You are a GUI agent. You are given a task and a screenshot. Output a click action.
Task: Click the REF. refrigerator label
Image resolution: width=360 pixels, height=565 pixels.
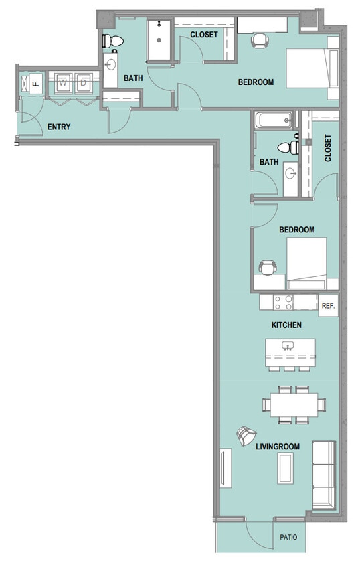(x=328, y=306)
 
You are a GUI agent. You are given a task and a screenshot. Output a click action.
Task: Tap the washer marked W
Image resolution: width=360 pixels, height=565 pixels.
(x=64, y=83)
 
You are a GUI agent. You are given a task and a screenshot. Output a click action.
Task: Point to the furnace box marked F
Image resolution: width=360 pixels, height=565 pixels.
(x=35, y=84)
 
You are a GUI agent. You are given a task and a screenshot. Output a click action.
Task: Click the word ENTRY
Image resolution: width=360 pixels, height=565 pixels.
(x=59, y=127)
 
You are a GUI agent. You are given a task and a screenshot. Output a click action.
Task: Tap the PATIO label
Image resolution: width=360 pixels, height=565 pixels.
(x=288, y=538)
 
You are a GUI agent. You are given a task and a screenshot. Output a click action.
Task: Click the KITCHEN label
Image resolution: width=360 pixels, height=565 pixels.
(x=286, y=325)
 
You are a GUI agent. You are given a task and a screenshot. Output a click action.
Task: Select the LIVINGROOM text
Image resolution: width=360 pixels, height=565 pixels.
(x=278, y=447)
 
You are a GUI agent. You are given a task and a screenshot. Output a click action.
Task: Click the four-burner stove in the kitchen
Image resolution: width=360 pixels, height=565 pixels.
(x=283, y=303)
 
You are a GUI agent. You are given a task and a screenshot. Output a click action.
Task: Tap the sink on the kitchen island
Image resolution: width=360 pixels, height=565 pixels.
(x=287, y=346)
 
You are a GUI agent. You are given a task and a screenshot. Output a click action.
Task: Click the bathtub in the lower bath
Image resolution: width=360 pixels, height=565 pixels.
(x=274, y=120)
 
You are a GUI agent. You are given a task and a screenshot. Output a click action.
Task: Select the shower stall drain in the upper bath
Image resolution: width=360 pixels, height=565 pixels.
(x=159, y=40)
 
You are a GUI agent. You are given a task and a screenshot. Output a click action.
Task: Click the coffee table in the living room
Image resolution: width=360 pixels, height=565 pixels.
(x=286, y=469)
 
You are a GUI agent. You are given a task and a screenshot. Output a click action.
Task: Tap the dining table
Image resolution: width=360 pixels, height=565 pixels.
(x=294, y=404)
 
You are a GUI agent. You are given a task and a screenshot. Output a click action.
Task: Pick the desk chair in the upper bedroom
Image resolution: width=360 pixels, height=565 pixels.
(x=260, y=40)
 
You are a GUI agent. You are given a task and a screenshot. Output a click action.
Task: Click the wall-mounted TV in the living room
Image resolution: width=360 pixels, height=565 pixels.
(x=226, y=468)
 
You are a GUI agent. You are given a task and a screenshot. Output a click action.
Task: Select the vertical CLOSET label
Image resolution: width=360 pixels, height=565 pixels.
(x=328, y=148)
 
